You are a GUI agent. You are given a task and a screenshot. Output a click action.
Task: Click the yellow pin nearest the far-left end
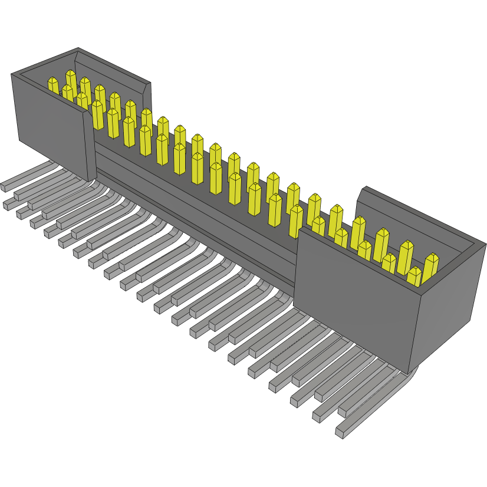pos(54,86)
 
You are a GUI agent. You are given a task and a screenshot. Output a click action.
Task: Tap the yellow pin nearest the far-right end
pos(432,266)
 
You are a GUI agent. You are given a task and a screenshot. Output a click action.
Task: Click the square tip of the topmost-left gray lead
pos(3,187)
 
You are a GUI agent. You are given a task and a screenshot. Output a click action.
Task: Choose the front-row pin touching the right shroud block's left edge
pos(295,221)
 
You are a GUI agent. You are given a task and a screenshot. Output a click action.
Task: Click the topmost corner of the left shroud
pos(78,49)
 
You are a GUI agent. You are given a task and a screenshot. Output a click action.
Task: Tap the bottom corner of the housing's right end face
pos(409,373)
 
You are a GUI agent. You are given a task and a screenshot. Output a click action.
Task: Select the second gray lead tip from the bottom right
pos(317,416)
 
